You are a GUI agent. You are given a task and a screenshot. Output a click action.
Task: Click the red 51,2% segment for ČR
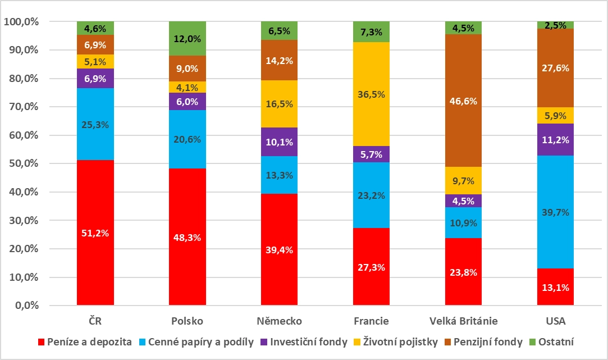(95, 233)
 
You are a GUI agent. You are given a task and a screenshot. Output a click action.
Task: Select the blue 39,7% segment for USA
(555, 212)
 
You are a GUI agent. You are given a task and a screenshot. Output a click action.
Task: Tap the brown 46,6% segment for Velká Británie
(463, 101)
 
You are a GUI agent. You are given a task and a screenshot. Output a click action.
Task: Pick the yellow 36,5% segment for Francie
(371, 94)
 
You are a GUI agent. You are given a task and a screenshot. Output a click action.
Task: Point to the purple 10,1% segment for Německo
(279, 142)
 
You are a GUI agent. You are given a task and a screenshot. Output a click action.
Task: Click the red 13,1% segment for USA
(555, 287)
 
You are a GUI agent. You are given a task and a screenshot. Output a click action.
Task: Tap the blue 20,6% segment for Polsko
(187, 139)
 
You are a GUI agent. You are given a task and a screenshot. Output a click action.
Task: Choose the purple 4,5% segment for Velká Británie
(463, 200)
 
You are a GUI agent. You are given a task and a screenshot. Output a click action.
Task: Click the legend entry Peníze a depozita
(84, 342)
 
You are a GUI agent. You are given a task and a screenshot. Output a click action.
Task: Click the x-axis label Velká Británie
(463, 321)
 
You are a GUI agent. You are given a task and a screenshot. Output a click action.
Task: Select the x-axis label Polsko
(187, 321)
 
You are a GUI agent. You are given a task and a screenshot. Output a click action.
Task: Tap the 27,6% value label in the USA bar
(555, 68)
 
